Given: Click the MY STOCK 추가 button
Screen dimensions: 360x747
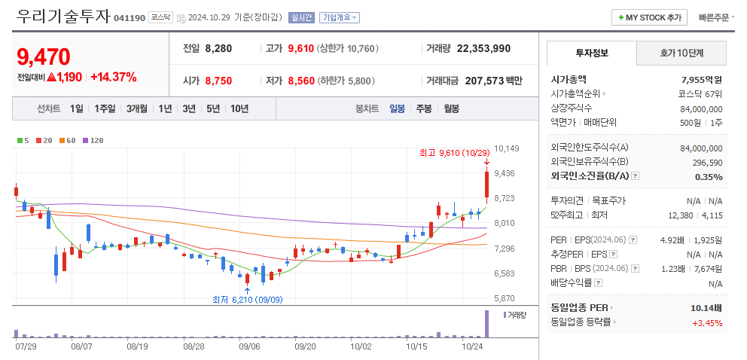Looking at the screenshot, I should click(x=648, y=17).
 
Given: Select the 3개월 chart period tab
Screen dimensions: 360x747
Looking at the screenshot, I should click(x=139, y=108).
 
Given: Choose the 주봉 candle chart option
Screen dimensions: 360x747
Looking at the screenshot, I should click(x=424, y=108).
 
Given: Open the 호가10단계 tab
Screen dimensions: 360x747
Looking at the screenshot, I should click(x=681, y=53).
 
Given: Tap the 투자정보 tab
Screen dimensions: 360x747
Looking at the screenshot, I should click(x=592, y=53).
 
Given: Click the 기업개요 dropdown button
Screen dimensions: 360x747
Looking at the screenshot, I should click(x=340, y=17).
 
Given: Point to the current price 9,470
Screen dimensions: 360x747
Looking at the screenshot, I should click(x=43, y=56).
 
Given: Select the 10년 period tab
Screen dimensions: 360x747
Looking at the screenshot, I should click(x=239, y=108).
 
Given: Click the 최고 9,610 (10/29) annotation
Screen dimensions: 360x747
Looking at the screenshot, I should click(x=450, y=153).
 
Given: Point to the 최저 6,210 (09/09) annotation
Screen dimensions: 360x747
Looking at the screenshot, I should click(x=247, y=300).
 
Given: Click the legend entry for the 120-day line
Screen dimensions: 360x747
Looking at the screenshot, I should click(x=93, y=140).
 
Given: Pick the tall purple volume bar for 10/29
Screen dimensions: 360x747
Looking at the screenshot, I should click(x=486, y=324).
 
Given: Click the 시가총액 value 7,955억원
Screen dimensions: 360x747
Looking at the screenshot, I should click(x=701, y=79).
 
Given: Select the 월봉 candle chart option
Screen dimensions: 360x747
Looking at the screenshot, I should click(x=451, y=108).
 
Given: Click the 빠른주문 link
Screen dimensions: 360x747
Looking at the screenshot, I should click(x=713, y=17).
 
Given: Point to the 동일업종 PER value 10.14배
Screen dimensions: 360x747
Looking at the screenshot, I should click(x=706, y=308).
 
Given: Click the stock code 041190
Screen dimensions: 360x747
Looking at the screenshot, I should click(x=130, y=17).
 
